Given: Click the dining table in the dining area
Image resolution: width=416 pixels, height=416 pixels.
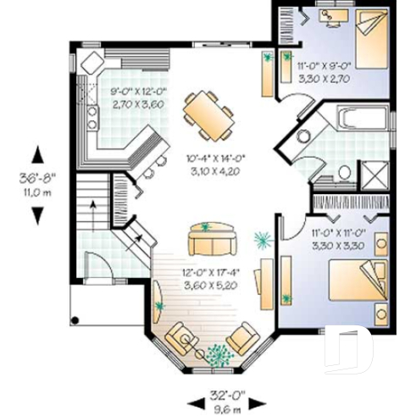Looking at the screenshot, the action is (208, 115).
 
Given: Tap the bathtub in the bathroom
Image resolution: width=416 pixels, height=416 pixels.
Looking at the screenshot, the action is (363, 118).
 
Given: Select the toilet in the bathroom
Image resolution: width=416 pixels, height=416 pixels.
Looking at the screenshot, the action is (345, 173).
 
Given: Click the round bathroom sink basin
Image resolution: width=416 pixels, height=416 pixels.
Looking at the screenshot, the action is (303, 136).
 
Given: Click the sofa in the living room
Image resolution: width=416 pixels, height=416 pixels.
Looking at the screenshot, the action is (213, 239).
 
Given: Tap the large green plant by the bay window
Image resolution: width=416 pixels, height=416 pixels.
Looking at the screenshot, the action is (220, 356).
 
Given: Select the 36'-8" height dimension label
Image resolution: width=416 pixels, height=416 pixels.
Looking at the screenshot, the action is (37, 178).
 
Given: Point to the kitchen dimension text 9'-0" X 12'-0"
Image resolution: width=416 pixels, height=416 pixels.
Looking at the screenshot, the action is (138, 92).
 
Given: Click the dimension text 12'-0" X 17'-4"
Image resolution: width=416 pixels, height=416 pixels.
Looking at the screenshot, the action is (211, 273).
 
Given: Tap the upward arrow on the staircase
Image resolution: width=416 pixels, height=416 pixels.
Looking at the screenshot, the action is (92, 216).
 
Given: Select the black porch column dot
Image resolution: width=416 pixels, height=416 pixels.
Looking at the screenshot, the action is (75, 320).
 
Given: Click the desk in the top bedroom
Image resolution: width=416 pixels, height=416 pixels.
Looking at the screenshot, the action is (333, 15).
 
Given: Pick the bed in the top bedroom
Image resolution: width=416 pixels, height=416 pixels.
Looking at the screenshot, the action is (371, 39).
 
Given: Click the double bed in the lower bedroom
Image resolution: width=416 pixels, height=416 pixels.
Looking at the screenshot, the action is (358, 280).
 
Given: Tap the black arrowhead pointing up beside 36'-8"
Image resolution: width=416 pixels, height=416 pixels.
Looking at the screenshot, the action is (38, 154).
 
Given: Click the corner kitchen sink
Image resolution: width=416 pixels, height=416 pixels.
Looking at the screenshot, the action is (92, 64).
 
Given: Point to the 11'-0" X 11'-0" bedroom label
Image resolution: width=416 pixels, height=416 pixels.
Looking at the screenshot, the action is (339, 233).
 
